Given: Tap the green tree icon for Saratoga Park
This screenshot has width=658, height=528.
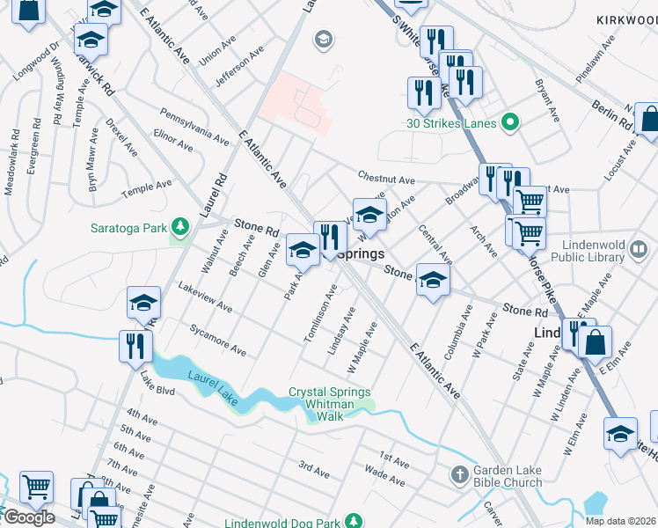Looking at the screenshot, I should (179, 228).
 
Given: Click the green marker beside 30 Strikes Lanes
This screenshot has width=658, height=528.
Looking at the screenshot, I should (508, 121).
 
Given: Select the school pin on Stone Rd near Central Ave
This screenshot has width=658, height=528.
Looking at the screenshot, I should (432, 281).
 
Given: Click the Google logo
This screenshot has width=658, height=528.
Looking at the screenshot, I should (28, 517).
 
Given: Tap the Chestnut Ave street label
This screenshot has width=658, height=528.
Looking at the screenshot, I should (385, 180).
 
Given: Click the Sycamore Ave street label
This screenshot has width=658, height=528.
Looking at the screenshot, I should (217, 339).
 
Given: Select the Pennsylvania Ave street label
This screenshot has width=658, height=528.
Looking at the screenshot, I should (194, 125).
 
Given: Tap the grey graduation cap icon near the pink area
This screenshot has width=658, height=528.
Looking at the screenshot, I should (323, 39).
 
